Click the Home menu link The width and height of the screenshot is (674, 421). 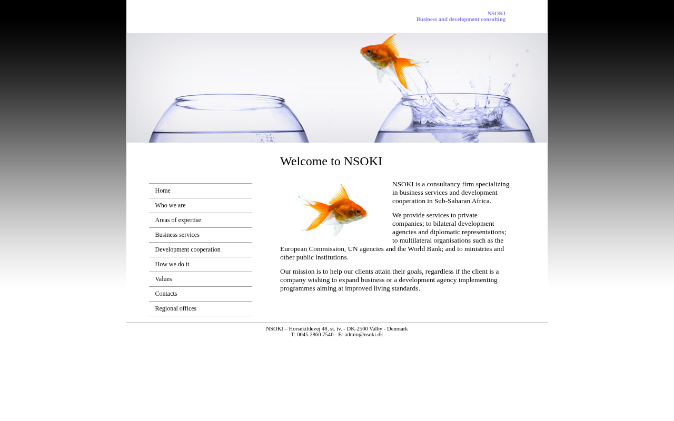coord(163,191)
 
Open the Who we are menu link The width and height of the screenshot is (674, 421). coord(170,205)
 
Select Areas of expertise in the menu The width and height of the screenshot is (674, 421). coord(178,220)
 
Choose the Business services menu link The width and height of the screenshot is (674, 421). coord(177,235)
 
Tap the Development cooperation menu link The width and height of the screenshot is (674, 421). coord(187,249)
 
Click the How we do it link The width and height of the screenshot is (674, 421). coord(172,264)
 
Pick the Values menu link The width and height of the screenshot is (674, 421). coord(163,279)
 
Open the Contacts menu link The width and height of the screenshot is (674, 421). coord(166,294)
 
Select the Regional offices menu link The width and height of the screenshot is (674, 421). coord(175,308)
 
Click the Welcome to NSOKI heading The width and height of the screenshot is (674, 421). coord(331,162)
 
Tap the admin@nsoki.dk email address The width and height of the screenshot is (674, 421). coord(364,335)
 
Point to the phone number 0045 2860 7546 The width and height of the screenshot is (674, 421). coord(315,335)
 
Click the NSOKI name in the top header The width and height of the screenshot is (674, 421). coord(496,13)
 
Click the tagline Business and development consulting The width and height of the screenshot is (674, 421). coord(461,19)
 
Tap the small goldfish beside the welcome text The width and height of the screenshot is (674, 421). coord(333,210)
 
